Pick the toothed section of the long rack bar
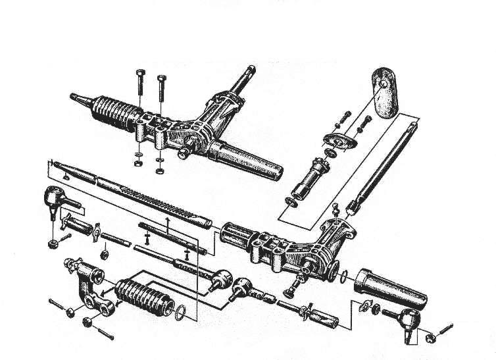pyautogui.click(x=158, y=197)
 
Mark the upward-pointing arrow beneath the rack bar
pyautogui.click(x=167, y=224)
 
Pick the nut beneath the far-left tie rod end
pyautogui.click(x=52, y=243)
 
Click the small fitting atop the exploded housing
pyautogui.click(x=335, y=210)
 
